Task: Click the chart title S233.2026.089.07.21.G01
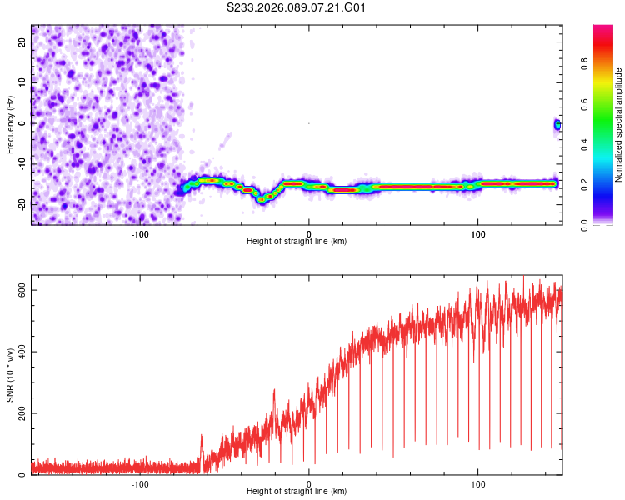tap(297, 8)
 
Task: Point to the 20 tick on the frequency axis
tap(22, 43)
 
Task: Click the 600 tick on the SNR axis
tap(22, 289)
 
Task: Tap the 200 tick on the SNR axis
tap(22, 413)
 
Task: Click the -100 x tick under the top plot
tap(140, 232)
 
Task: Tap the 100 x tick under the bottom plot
tap(478, 482)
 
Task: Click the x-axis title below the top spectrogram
tap(297, 241)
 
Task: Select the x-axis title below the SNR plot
tap(297, 492)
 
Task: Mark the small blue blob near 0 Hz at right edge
tap(557, 125)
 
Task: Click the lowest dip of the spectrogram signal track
tap(262, 199)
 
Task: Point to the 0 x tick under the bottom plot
tap(309, 482)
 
